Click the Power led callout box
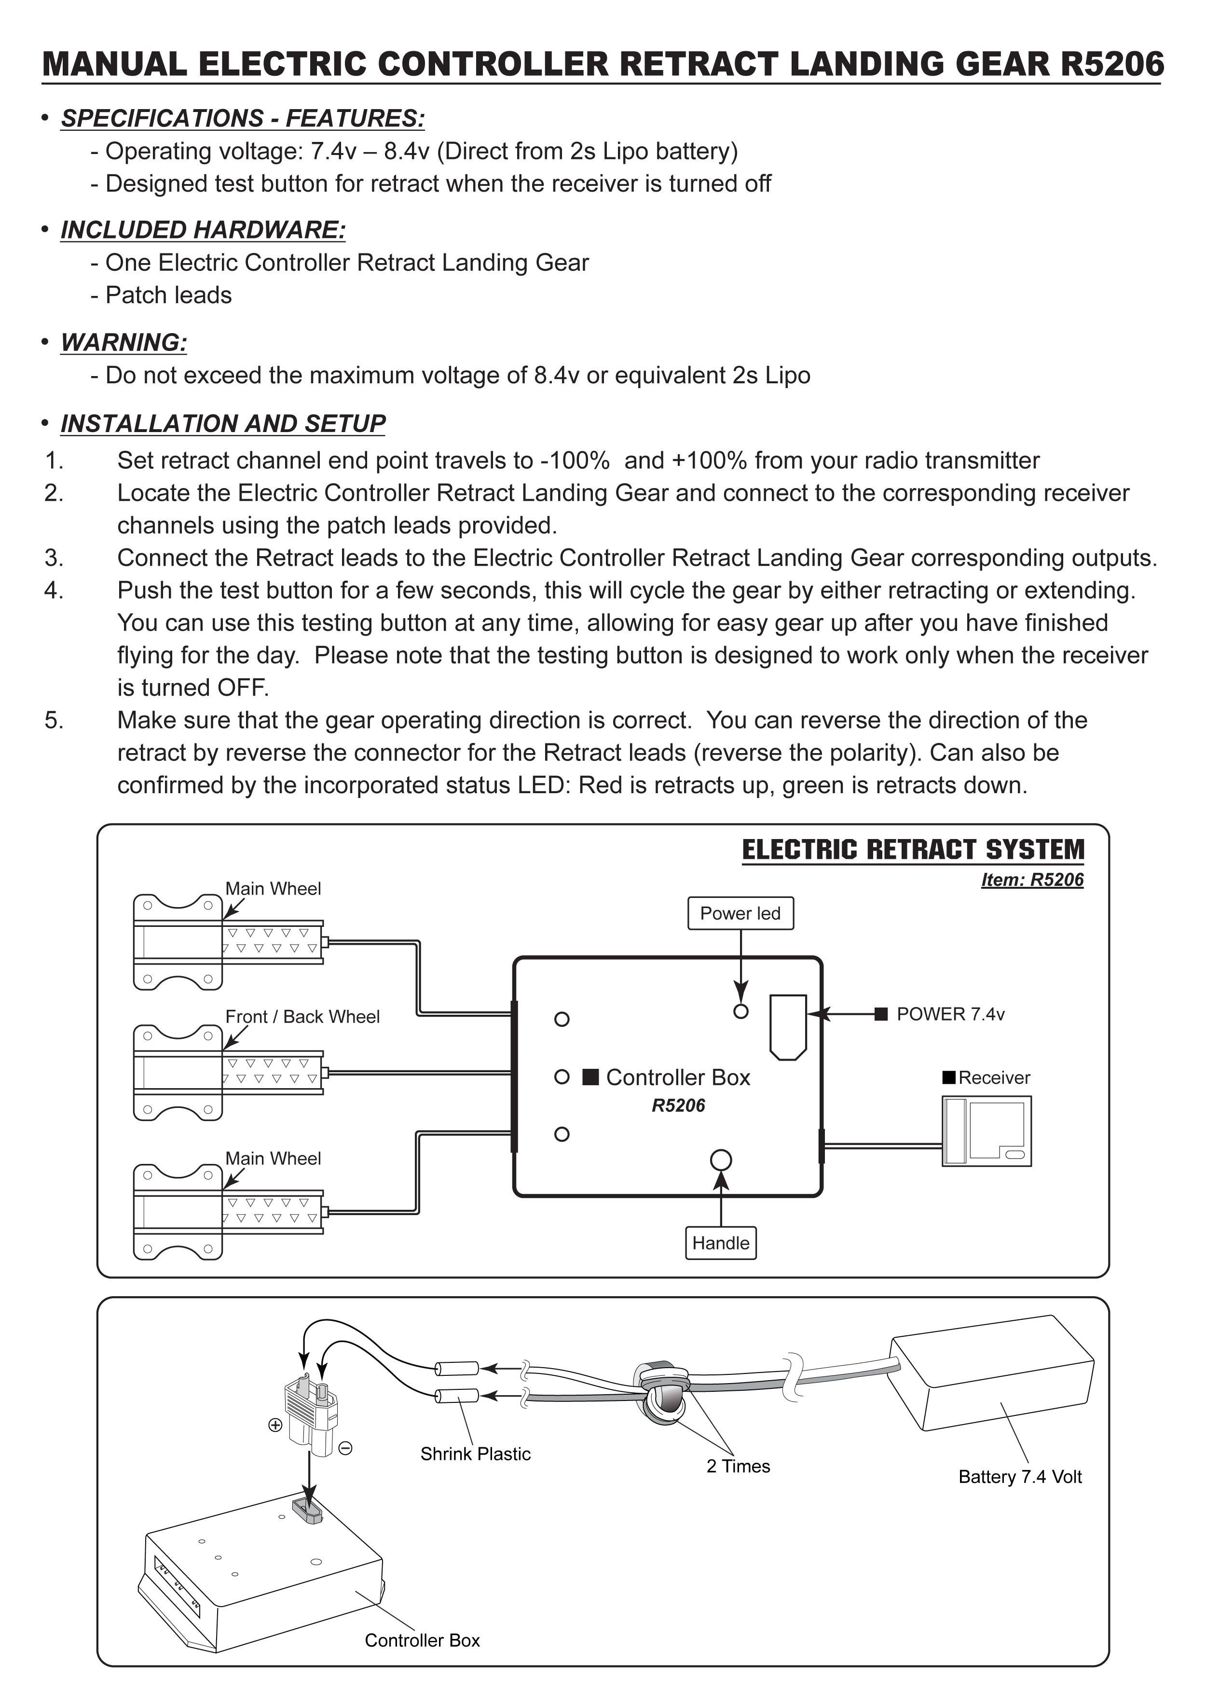740,913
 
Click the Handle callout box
721,1243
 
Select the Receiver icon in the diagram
986,1131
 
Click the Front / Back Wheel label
302,1017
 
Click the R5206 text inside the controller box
678,1106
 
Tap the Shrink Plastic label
475,1454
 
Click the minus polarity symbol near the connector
345,1448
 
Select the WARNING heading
123,343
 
